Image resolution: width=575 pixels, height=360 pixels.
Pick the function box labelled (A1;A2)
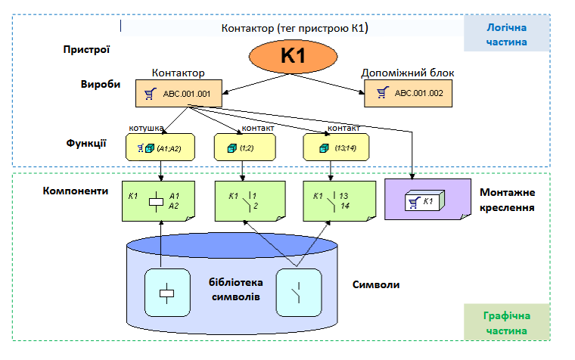159,147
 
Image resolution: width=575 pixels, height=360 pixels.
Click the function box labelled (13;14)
331,147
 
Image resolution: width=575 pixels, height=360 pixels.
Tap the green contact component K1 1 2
243,200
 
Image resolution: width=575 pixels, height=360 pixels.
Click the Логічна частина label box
506,34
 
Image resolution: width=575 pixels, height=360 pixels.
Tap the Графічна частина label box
506,323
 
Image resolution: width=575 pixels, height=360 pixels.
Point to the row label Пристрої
87,50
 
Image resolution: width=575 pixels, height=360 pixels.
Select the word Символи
376,285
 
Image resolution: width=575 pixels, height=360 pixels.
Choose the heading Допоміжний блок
408,73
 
